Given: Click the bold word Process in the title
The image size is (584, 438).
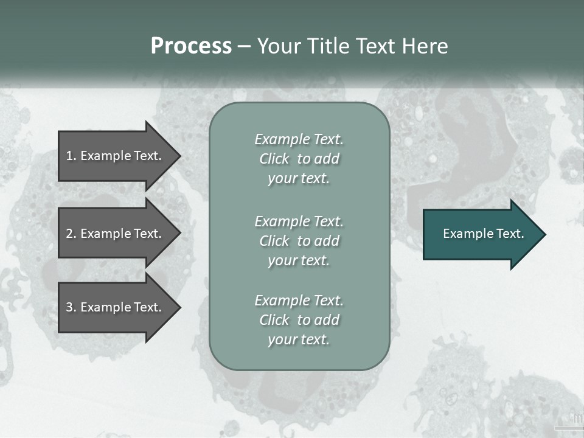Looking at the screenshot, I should (191, 46).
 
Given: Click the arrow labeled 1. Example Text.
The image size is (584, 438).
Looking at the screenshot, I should (116, 156).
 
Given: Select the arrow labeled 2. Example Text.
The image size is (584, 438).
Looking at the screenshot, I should (116, 234).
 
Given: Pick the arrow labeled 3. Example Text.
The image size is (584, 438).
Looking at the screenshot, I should (116, 307).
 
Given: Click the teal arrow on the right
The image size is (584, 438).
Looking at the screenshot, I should (481, 234).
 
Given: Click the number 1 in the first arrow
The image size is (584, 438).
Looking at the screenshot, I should (69, 156).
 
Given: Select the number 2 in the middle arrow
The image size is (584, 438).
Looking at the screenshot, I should (69, 234).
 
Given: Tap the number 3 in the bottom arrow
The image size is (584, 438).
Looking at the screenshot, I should (69, 307).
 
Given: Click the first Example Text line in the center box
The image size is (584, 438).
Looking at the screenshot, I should (299, 139).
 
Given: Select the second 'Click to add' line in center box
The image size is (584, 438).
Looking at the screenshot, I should (299, 241).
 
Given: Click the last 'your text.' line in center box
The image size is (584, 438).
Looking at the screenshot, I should (299, 339).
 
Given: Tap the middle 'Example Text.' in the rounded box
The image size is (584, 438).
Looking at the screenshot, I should (299, 221).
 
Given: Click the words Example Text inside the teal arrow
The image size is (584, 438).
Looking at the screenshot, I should (483, 234).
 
